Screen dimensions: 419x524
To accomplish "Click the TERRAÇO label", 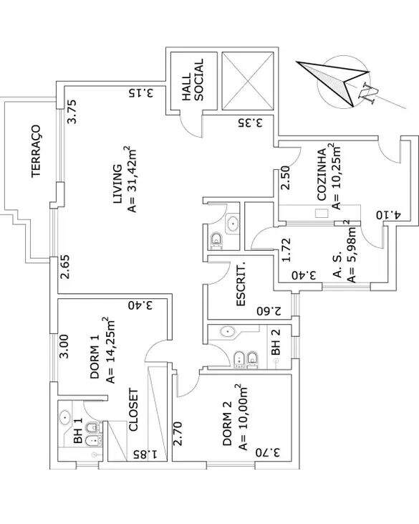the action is pos(36,151).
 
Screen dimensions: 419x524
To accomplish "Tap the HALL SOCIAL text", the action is pos(192,80).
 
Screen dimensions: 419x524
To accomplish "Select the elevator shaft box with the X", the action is pos(248,80).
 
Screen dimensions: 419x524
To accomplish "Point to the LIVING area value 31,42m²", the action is pos(132,179).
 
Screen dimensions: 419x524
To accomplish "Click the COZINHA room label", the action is pos(322,175).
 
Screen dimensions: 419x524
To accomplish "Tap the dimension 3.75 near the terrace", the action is pos(72,112).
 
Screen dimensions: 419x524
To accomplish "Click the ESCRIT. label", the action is pos(241,286).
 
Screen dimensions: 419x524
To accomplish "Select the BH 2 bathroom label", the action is pos(276,341).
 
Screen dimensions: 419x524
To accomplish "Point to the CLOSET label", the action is pos(133,410).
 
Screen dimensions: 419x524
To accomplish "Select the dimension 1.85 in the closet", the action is pos(145,454).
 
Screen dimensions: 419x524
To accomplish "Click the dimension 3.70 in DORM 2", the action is pos(268,452).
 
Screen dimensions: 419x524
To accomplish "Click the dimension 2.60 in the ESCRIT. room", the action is pos(269,311).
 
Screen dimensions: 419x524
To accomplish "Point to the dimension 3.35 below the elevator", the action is pos(251,123).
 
